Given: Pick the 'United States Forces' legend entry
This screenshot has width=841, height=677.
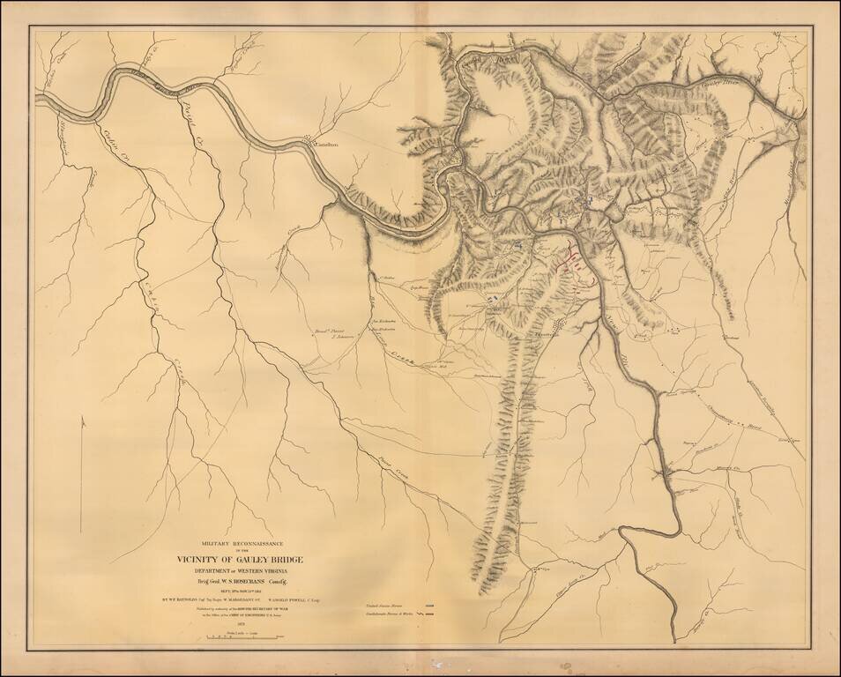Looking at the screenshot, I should click(x=401, y=606).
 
